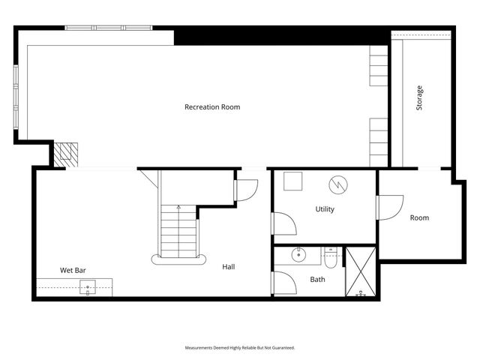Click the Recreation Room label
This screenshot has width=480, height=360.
[x=212, y=107]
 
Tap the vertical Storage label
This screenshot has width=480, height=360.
[x=419, y=99]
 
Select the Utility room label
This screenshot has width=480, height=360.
[x=325, y=209]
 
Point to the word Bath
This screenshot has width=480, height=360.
[x=317, y=280]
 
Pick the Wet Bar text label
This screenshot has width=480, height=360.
[x=73, y=270]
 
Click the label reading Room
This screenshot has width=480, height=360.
[x=419, y=218]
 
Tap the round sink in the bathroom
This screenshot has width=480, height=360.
[x=300, y=255]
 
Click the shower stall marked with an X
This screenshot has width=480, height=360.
[x=360, y=271]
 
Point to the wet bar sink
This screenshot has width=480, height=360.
[x=88, y=286]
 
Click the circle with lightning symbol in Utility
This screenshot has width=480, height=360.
[x=338, y=184]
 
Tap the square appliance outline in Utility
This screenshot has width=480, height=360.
[x=292, y=181]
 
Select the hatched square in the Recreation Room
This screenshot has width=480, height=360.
[x=66, y=154]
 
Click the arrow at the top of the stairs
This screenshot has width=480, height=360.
[x=178, y=207]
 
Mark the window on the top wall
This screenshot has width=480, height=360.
[x=109, y=28]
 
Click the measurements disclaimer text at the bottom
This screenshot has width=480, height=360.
[x=240, y=348]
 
